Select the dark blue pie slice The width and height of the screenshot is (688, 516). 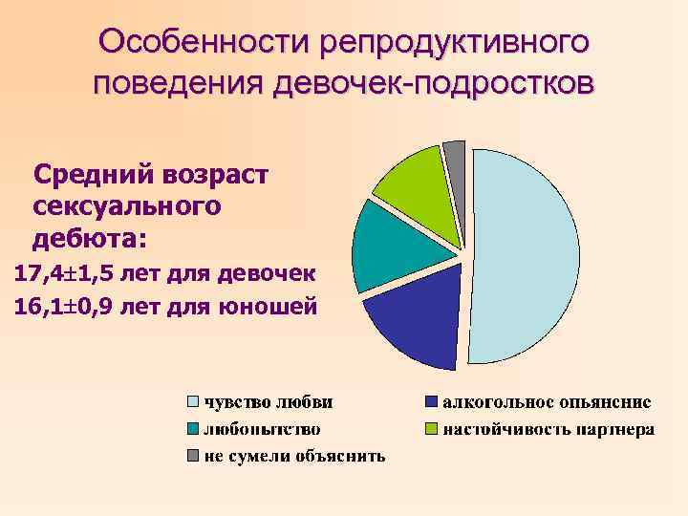point(416,325)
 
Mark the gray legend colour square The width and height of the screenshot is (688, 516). point(192,456)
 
